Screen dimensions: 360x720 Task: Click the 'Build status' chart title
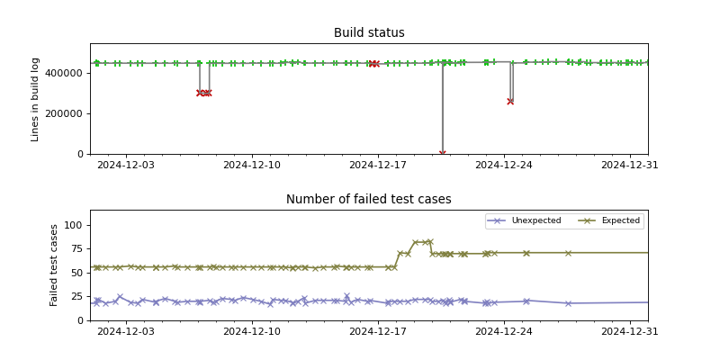tap(369, 33)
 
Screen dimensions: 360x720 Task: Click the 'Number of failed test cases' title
tap(369, 200)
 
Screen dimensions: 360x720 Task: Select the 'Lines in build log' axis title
tap(36, 99)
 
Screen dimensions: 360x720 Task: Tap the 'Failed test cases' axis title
tap(54, 265)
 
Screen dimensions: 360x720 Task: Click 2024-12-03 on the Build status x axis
tap(125, 166)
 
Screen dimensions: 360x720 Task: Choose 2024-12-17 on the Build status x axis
tap(377, 166)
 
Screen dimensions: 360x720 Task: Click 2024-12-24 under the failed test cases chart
tap(504, 332)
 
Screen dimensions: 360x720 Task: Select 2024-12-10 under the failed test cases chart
tap(251, 332)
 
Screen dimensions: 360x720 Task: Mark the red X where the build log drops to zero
tap(443, 154)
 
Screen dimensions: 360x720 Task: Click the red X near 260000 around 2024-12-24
tap(510, 102)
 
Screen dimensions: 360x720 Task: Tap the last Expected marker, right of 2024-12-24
tap(568, 253)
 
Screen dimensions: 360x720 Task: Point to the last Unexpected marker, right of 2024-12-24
tap(568, 303)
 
